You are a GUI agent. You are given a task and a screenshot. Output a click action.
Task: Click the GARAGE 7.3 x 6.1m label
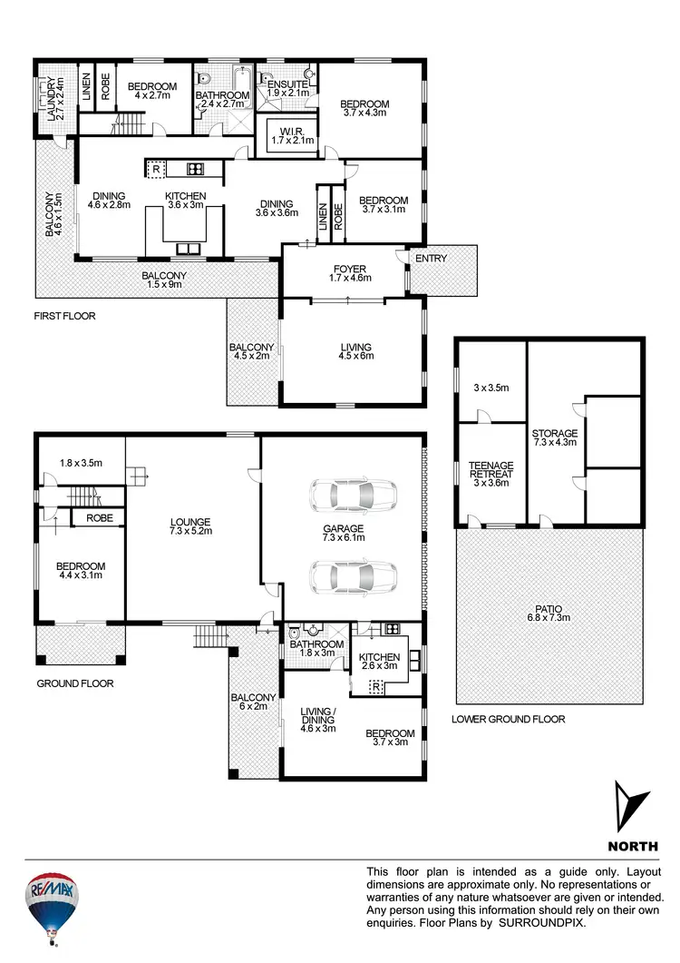pyautogui.click(x=343, y=535)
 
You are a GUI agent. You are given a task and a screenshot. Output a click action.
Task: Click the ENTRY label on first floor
pyautogui.click(x=431, y=260)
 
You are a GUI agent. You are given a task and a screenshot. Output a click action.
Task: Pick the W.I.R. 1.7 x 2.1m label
pyautogui.click(x=292, y=133)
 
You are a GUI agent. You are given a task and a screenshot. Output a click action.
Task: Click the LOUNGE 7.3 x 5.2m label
pyautogui.click(x=190, y=526)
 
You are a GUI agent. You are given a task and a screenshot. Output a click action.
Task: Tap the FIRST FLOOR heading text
pyautogui.click(x=64, y=317)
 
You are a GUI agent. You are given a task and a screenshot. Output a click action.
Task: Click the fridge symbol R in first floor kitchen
pyautogui.click(x=156, y=169)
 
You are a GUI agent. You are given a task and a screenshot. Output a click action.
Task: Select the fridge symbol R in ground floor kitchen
pyautogui.click(x=374, y=688)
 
